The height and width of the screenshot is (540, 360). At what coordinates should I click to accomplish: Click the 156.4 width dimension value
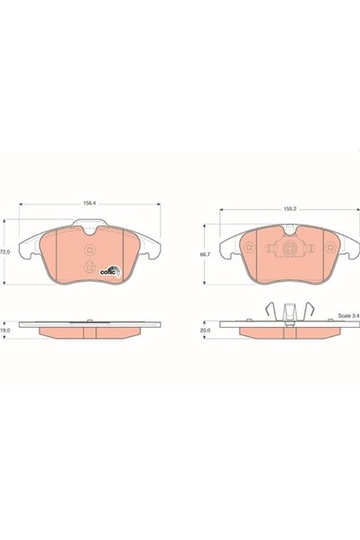[89, 203]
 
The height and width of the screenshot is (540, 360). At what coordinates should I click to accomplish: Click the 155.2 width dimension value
[290, 208]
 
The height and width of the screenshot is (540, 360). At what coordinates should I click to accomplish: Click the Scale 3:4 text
[348, 315]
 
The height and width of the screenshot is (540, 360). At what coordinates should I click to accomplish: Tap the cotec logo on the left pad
[110, 271]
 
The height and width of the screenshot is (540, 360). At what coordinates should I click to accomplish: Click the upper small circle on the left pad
[90, 250]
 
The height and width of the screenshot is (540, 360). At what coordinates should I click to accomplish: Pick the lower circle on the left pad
[90, 267]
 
